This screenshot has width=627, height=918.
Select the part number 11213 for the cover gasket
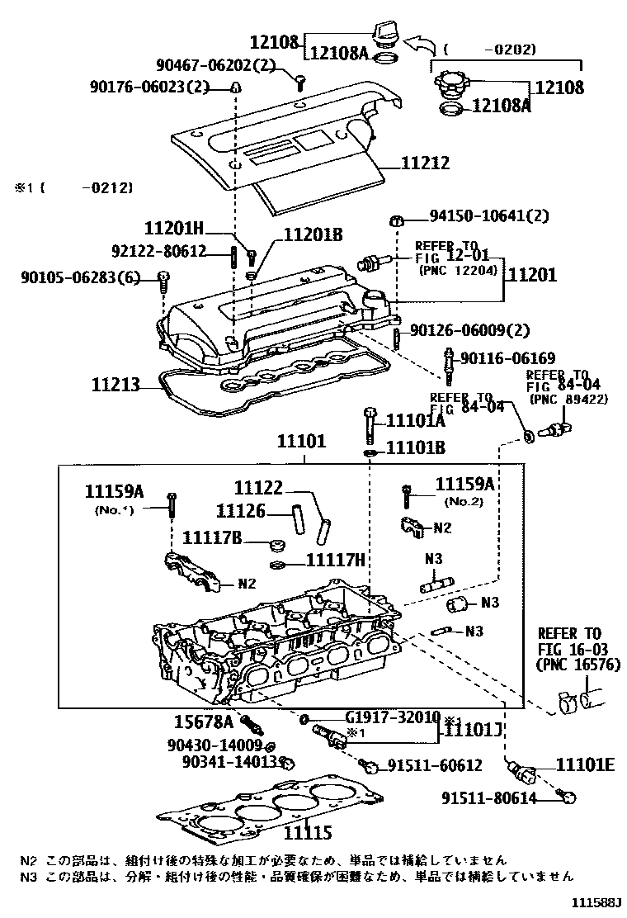point(115,384)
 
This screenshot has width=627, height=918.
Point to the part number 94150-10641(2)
point(488,216)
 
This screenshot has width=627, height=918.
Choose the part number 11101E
point(584,764)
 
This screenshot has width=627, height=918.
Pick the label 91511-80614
point(488,797)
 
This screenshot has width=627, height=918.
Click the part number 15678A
point(204,721)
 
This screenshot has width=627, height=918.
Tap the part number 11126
point(241,512)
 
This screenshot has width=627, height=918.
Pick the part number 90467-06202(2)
point(215,64)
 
